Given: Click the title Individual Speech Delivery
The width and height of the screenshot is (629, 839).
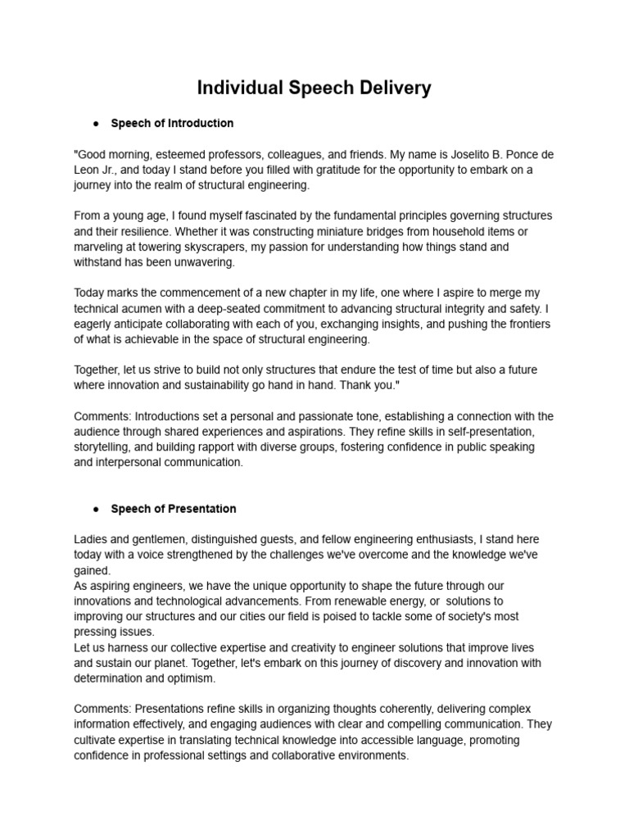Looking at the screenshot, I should pos(314,88).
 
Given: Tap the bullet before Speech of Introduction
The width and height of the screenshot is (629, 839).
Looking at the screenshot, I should pos(96,124).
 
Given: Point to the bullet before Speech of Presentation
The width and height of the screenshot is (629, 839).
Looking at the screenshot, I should pos(96,509).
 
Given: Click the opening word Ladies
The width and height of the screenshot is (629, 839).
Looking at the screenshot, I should pos(92,539).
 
